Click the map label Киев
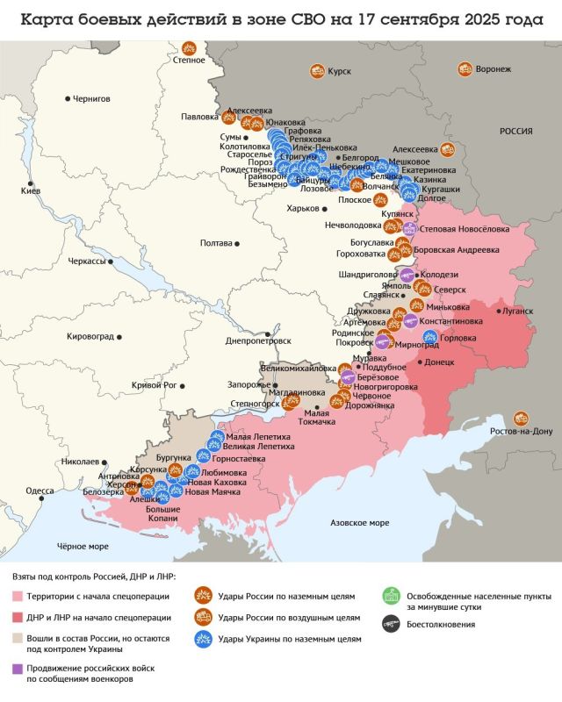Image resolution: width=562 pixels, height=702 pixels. point(30,190)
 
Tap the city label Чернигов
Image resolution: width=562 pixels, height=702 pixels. point(91,99)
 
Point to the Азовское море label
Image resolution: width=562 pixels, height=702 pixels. point(359,522)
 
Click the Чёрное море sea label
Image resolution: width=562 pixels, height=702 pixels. point(83,547)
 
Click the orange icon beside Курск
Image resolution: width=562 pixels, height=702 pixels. point(315,72)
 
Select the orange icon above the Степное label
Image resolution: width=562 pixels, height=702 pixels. point(188,49)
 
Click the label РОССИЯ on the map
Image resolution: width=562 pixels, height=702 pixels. point(516,131)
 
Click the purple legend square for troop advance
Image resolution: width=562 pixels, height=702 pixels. point(18,669)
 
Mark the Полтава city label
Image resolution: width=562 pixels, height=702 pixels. point(216,243)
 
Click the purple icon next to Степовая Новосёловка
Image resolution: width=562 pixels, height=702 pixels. point(409,228)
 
